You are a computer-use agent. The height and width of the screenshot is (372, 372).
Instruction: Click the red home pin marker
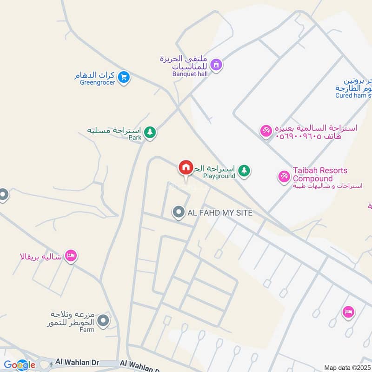point(186,168)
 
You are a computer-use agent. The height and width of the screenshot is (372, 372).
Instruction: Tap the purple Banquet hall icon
point(216,65)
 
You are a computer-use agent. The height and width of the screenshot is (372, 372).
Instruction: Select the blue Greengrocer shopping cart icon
point(123,77)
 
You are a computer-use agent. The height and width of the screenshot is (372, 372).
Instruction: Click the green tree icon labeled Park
point(149,133)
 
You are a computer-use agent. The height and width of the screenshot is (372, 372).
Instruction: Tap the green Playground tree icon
point(244,171)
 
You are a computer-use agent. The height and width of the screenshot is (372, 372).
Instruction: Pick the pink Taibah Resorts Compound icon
point(284,176)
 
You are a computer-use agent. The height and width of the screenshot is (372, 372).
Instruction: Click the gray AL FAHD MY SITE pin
point(178,213)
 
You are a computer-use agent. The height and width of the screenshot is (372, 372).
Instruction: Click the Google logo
point(20,365)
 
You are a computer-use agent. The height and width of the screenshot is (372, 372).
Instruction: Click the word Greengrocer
point(97,83)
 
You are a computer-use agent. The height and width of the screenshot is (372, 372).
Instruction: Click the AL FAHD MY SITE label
point(220,213)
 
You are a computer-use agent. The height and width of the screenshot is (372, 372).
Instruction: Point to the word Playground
point(219,176)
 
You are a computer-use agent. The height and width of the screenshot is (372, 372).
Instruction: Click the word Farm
point(86,330)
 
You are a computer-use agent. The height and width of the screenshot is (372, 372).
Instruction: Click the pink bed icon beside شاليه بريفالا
point(71,256)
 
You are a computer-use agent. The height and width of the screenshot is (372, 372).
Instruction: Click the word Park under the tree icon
point(135,138)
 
